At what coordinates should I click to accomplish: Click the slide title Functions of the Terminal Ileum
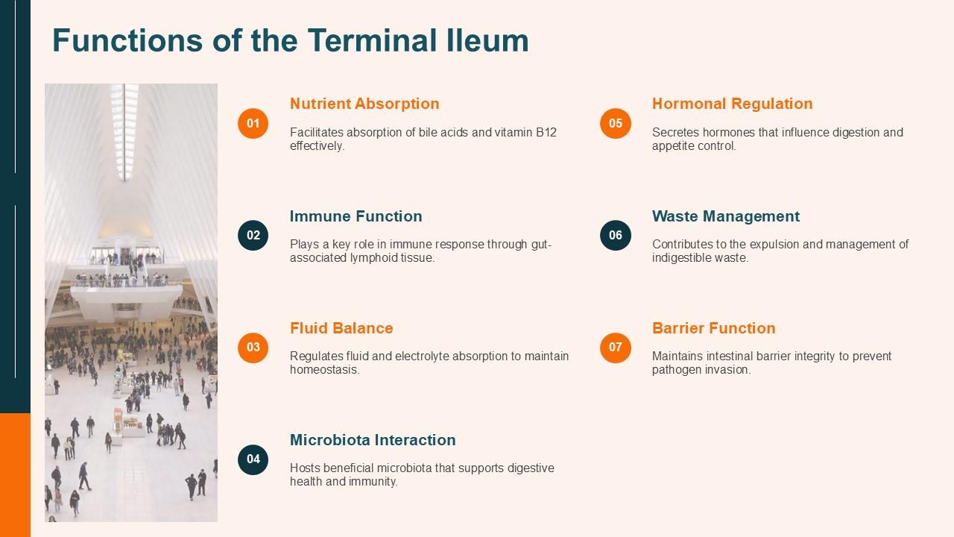click(290, 40)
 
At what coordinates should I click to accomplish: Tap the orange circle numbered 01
click(253, 123)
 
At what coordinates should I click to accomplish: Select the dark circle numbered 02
click(253, 236)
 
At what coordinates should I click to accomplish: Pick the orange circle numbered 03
click(253, 348)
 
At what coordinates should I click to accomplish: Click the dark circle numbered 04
click(253, 459)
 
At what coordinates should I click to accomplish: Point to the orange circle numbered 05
click(616, 123)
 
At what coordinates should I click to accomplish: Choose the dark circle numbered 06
click(616, 236)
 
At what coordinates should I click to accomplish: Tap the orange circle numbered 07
click(616, 348)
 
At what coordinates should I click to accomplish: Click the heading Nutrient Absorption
click(364, 104)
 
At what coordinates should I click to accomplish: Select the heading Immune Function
click(356, 216)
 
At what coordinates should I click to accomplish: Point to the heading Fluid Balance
click(341, 328)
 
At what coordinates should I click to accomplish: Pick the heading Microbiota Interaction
click(373, 440)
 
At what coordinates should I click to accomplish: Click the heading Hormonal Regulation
click(732, 104)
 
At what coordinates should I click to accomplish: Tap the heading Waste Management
click(725, 216)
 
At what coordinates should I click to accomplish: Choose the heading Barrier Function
click(713, 328)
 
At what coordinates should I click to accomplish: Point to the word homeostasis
click(324, 370)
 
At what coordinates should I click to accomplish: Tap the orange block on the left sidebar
click(15, 474)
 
